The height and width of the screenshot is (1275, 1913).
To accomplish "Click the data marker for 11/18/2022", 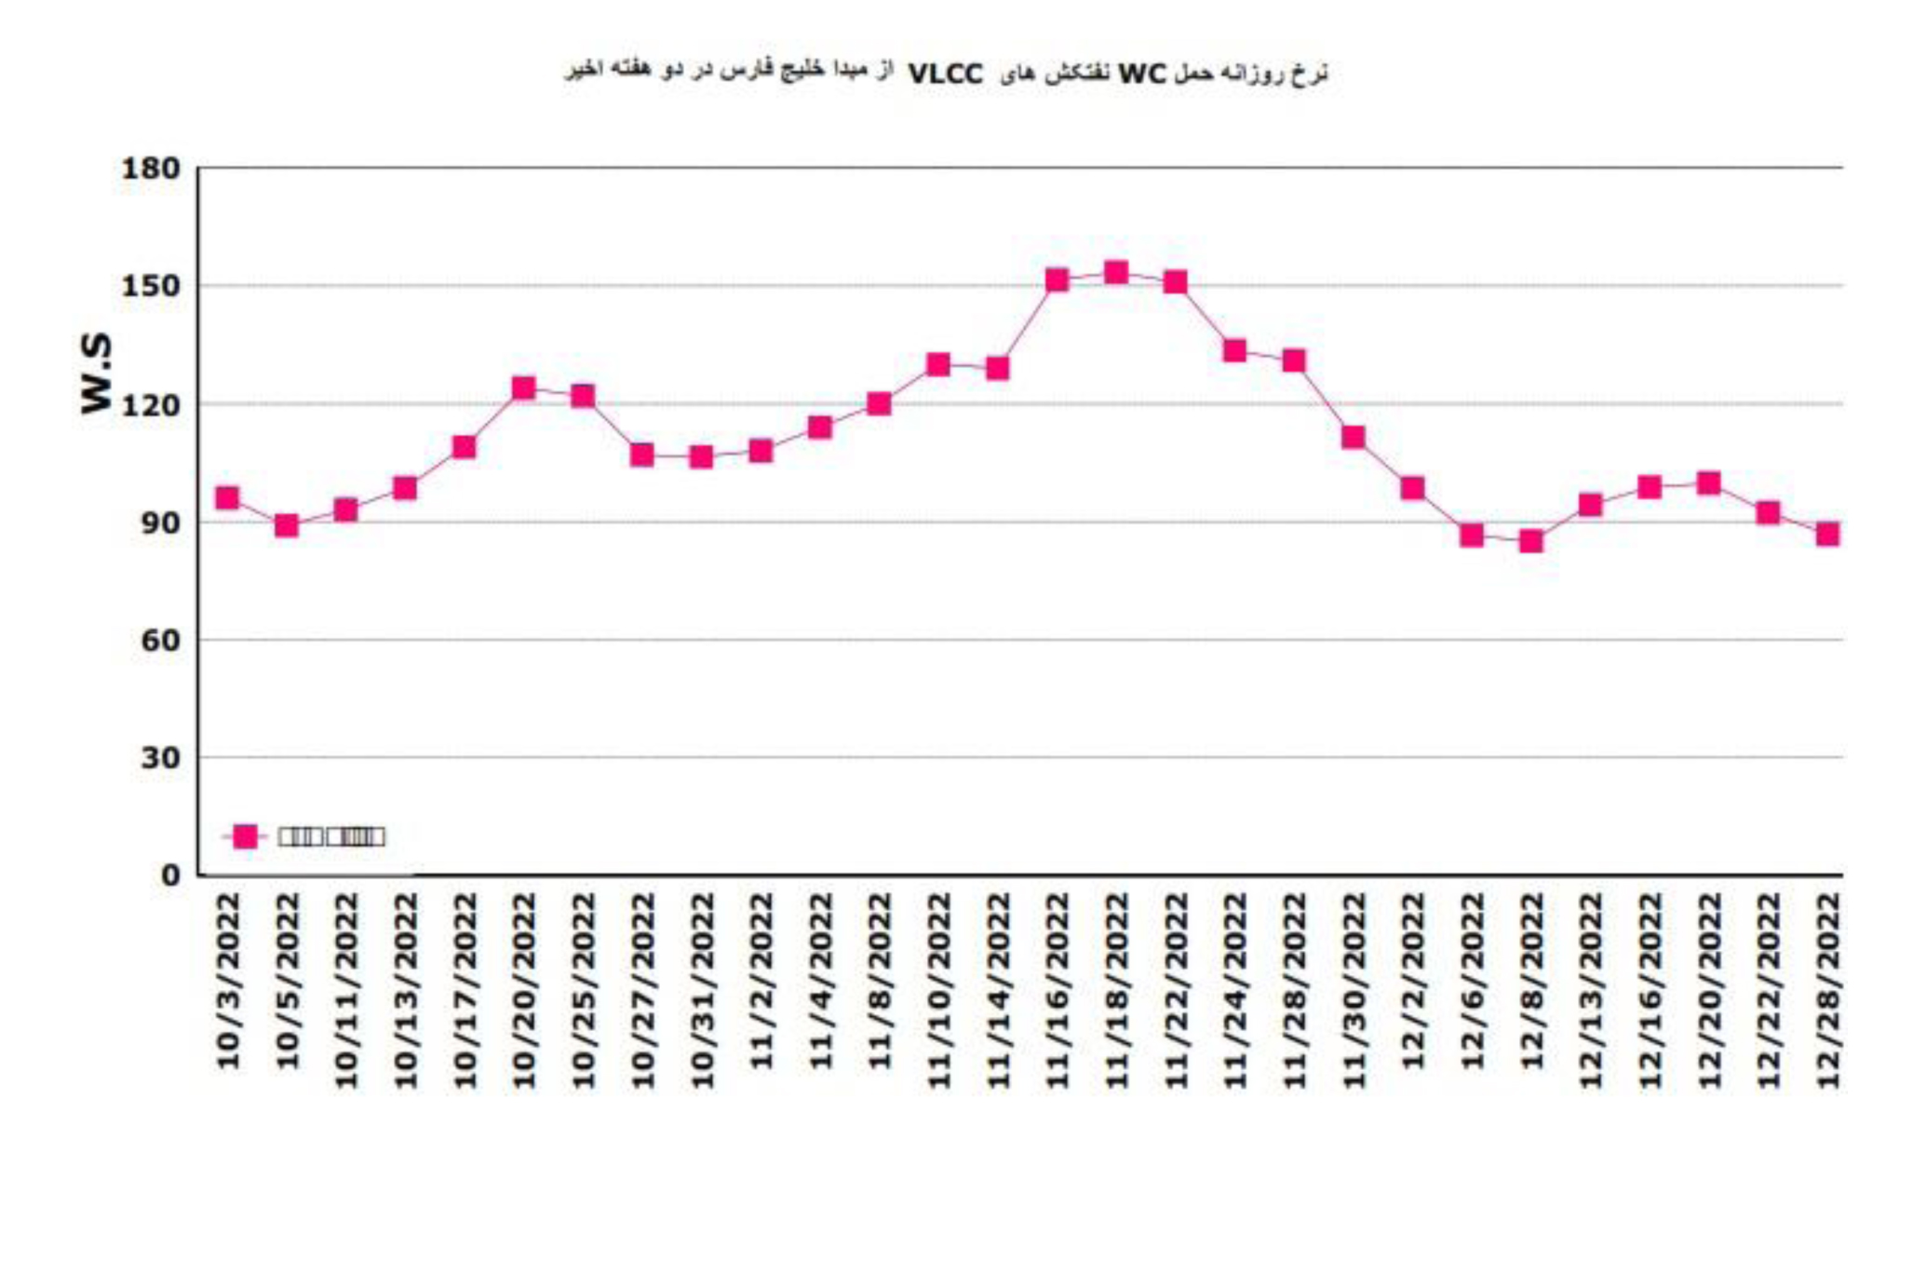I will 1116,273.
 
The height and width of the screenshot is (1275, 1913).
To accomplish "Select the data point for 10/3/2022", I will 227,498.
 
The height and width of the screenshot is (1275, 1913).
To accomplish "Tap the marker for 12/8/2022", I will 1531,541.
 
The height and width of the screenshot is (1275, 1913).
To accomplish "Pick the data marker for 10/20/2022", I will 524,387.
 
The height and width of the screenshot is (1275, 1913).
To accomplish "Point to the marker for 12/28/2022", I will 1827,534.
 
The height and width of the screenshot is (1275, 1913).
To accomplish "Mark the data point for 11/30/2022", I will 1354,437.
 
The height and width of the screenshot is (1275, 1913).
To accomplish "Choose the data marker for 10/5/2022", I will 287,526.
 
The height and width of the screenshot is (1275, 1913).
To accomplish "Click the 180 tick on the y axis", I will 150,169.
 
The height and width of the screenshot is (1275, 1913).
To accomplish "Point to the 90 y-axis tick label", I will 160,522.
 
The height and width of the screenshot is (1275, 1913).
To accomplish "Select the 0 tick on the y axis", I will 170,875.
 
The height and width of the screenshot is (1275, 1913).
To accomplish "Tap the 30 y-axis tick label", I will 160,758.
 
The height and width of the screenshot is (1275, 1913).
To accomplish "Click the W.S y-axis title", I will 96,373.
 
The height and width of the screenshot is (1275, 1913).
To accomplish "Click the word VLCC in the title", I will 945,74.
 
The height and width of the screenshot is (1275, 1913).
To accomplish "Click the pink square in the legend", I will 245,836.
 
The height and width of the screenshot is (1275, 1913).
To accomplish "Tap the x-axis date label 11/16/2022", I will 1058,990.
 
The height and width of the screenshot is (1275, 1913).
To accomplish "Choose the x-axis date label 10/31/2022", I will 702,990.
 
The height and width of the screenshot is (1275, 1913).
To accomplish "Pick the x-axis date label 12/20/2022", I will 1709,990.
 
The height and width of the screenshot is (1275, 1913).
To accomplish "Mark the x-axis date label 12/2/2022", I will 1413,981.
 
